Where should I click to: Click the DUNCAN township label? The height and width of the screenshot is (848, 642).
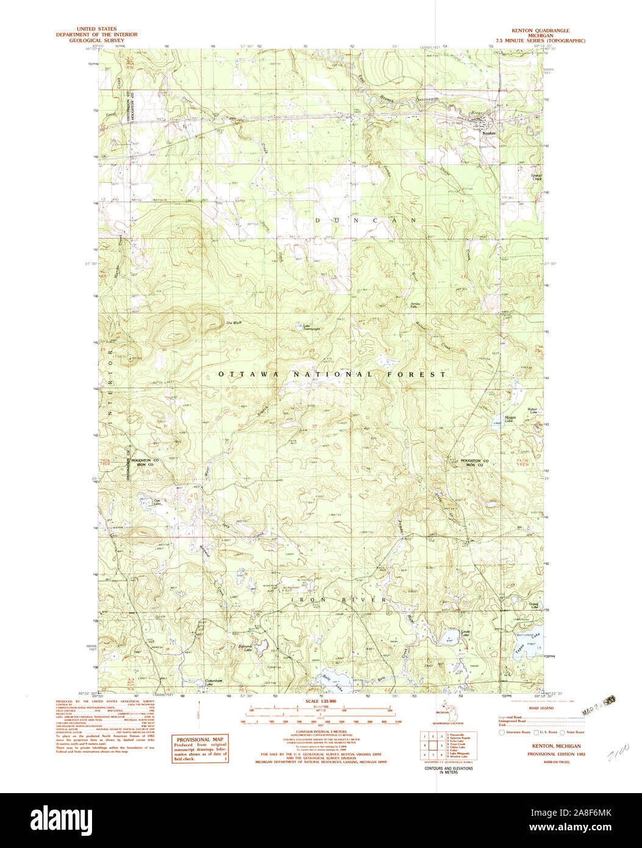366,220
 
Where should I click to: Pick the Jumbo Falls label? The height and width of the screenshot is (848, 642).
416,303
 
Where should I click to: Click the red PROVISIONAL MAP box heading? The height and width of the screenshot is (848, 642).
199,739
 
